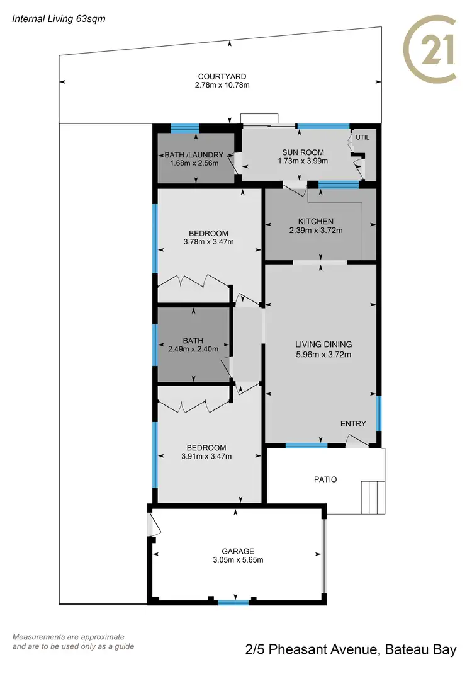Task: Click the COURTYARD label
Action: click(220, 76)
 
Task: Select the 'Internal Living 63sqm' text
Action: click(59, 19)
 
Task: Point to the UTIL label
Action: click(362, 137)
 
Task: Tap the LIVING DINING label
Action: click(323, 345)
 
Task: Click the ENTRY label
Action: click(353, 424)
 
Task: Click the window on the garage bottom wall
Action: click(233, 603)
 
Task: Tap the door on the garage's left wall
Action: click(150, 525)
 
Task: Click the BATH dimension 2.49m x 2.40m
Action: click(193, 349)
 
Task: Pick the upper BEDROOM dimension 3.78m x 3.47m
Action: click(208, 242)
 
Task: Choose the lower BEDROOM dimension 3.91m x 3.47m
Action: click(207, 457)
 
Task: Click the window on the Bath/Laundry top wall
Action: click(184, 128)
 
